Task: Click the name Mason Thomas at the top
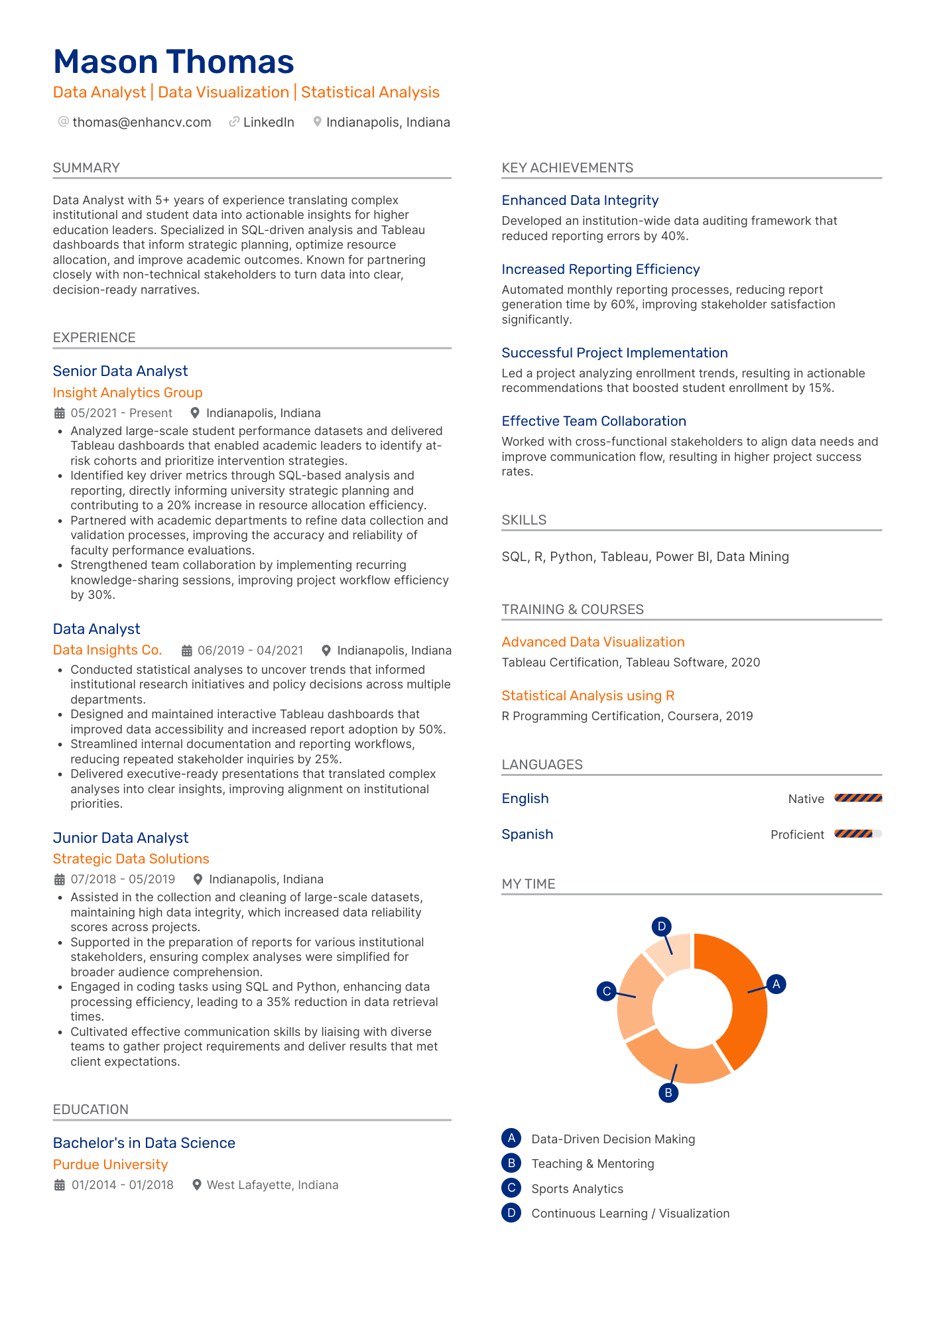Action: [173, 62]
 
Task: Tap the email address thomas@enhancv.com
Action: [142, 122]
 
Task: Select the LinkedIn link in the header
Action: [269, 122]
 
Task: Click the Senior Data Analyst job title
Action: [120, 371]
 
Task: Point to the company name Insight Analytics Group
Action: [127, 393]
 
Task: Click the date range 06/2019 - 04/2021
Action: [250, 651]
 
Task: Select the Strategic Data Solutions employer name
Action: [131, 859]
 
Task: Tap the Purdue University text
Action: [110, 1165]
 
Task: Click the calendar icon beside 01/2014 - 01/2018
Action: [60, 1185]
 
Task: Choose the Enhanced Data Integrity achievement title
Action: [580, 200]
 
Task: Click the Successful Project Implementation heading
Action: [614, 353]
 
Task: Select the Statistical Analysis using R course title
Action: [588, 696]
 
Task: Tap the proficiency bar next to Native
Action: [858, 798]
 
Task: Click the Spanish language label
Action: [527, 834]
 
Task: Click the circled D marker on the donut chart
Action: [661, 926]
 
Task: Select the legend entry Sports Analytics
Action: [577, 1189]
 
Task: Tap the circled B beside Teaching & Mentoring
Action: [511, 1163]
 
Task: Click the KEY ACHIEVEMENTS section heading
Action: [567, 168]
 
